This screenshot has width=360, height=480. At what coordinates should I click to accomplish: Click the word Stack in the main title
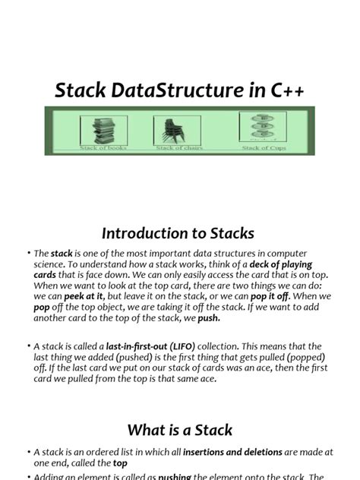tap(81, 92)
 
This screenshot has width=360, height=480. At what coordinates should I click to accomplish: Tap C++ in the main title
tap(285, 92)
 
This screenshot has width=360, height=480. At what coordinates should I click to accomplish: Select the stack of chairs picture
tap(173, 130)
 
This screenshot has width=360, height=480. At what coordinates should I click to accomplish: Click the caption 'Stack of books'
tap(103, 148)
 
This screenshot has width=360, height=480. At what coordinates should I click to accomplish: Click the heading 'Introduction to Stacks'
tap(179, 233)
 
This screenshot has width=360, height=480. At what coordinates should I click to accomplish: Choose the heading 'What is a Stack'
tap(180, 431)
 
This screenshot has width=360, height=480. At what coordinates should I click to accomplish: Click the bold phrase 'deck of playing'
tap(291, 265)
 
